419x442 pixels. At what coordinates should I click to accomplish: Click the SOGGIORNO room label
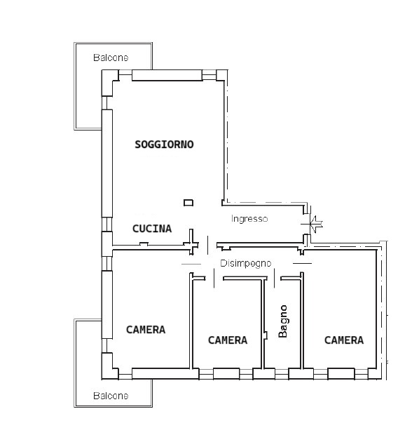164,145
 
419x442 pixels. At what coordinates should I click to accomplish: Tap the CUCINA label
152,228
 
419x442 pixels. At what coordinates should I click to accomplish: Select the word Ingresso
249,219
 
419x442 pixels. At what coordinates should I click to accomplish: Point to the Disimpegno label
245,263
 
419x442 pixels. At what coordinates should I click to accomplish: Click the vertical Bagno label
282,321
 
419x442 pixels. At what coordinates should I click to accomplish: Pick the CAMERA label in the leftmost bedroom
146,330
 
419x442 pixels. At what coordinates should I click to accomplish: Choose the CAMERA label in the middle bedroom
228,340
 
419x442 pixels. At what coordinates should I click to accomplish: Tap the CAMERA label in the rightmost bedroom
344,340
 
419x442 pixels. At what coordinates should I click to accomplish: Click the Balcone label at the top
111,58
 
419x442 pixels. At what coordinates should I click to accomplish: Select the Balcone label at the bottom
111,396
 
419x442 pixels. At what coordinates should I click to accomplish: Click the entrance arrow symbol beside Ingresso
312,224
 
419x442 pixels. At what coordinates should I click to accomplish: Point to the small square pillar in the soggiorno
188,202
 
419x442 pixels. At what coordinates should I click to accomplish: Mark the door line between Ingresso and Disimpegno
208,246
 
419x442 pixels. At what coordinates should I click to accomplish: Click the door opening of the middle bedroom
214,279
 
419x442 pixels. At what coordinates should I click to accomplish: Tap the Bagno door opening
274,279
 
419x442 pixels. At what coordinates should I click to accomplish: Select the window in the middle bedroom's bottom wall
226,374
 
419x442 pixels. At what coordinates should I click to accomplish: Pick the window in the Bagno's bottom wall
282,374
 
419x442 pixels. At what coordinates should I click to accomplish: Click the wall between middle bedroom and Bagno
263,323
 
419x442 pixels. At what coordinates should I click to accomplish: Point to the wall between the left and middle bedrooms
191,321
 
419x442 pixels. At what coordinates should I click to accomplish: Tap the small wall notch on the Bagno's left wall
266,335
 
